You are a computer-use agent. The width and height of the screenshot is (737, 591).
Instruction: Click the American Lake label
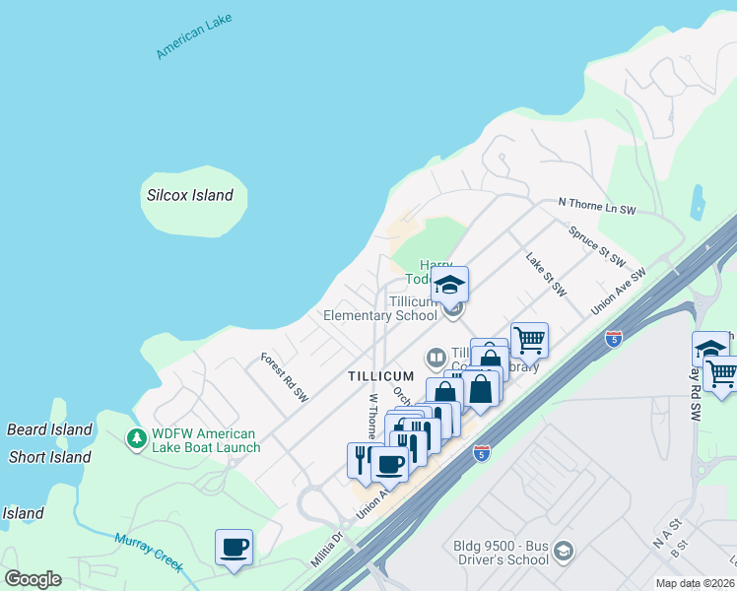coord(194,38)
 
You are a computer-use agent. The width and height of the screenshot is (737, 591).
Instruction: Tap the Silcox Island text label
coord(189,195)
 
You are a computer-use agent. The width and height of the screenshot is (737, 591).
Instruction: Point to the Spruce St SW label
coord(597,246)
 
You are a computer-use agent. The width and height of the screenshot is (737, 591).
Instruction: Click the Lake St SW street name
coord(546,276)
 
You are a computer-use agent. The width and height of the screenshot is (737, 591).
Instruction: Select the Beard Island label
coord(49,429)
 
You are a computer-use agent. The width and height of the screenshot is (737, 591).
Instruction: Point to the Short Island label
coord(49,457)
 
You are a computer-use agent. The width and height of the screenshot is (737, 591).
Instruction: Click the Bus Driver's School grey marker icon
coord(563,550)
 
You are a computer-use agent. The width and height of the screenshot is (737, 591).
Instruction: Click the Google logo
coord(33,579)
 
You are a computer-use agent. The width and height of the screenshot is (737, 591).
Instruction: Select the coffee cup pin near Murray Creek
coord(234,547)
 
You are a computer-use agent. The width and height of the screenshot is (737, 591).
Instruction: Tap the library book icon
coord(435,357)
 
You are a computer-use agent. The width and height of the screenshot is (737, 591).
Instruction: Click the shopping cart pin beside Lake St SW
coord(529,340)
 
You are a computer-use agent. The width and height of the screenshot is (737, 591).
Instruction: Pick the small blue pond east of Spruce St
coord(698,203)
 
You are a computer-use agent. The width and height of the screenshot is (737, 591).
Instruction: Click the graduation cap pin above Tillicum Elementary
coord(449,285)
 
